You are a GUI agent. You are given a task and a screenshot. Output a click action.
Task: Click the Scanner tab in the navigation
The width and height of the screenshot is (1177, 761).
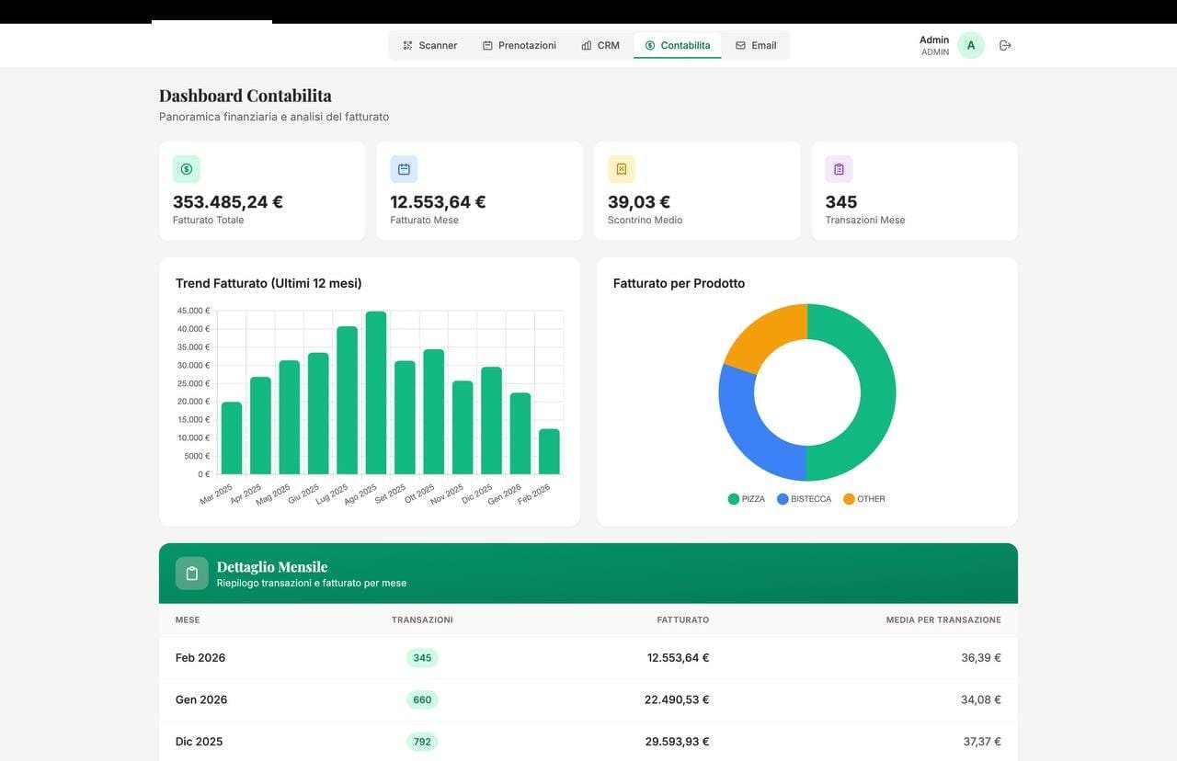[429, 45]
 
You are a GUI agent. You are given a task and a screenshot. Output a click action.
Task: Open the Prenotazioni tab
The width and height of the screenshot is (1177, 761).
[520, 45]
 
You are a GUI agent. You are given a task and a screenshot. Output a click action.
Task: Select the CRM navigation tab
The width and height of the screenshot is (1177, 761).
[600, 45]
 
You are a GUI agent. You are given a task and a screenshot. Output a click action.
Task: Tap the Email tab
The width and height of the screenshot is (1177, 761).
[756, 45]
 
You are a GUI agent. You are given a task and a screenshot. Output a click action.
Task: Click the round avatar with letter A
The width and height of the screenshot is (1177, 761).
[970, 45]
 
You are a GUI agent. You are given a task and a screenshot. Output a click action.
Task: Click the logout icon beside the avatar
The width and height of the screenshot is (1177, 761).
[1005, 45]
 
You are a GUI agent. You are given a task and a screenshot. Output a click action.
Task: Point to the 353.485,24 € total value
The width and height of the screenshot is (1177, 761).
[228, 202]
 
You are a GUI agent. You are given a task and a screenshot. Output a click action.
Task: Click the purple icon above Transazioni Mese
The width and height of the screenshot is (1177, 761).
[839, 169]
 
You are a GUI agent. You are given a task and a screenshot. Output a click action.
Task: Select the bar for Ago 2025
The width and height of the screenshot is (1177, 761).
[376, 392]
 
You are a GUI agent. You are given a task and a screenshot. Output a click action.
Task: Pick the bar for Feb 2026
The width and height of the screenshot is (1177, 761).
[549, 451]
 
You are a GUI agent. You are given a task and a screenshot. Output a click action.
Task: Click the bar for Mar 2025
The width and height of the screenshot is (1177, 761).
[232, 437]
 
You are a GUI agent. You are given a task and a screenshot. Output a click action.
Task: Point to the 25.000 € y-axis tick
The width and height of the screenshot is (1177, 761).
[194, 383]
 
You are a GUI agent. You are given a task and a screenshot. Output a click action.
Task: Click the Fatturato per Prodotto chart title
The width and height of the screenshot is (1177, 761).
[679, 283]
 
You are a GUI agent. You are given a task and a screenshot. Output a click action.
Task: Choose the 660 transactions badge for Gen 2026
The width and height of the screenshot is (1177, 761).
[422, 699]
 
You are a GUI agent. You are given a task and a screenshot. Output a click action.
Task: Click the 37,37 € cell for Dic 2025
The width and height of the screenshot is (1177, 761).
[981, 742]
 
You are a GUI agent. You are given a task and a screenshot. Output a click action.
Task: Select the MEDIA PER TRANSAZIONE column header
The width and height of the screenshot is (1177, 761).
[943, 620]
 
